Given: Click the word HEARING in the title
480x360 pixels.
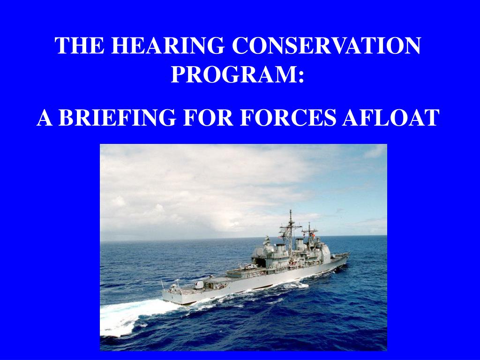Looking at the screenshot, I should pos(167,46).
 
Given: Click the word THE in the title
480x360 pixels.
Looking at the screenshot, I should pos(79,46).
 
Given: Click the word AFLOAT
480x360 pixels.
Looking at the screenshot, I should pos(390,118).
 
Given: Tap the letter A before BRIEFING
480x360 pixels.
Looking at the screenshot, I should pos(44,118).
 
